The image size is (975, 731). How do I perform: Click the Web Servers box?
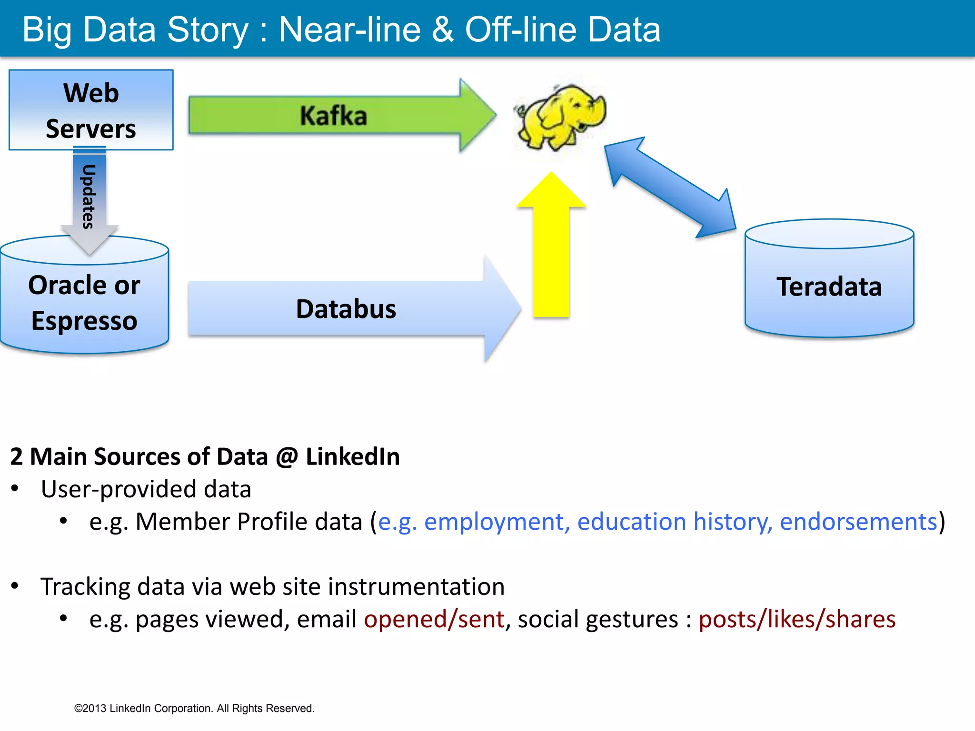click(91, 110)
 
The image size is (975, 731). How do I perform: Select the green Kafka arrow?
click(333, 116)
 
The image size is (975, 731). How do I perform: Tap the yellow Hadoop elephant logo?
click(560, 117)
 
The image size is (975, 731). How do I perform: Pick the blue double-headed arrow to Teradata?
click(670, 188)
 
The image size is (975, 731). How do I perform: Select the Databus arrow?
click(346, 309)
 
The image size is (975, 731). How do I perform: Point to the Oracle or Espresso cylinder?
click(84, 302)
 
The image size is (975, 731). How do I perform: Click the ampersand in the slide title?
click(443, 30)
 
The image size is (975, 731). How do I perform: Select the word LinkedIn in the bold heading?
click(352, 456)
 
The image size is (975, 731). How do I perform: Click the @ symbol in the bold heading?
click(287, 457)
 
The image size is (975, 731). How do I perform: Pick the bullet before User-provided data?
click(15, 489)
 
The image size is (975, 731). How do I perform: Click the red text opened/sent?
click(434, 619)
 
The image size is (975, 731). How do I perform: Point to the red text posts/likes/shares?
click(797, 619)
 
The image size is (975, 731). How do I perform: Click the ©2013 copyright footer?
click(194, 708)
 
